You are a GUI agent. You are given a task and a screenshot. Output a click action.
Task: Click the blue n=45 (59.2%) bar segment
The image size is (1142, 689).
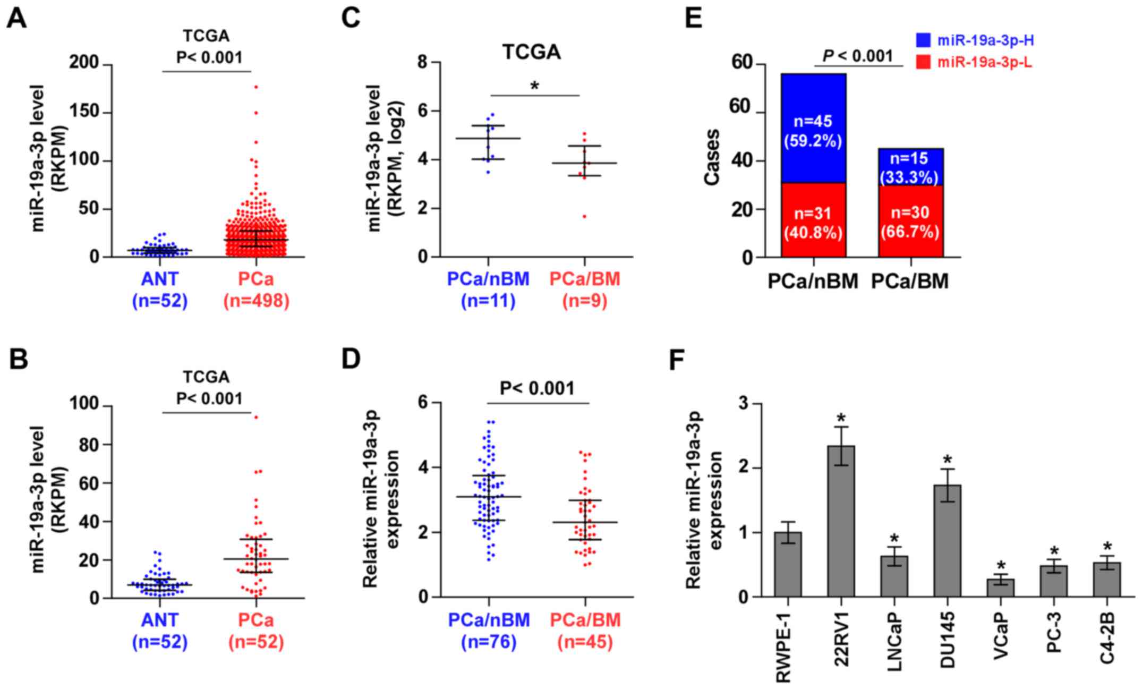coord(813,127)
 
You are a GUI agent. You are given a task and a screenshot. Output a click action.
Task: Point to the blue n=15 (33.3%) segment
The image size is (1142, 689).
coord(910,167)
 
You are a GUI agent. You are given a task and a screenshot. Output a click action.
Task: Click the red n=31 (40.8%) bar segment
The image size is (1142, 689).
coord(813,220)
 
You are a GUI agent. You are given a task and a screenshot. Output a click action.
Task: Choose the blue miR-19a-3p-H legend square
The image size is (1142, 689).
coord(924,40)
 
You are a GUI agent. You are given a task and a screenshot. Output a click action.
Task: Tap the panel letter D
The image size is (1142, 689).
coord(351,359)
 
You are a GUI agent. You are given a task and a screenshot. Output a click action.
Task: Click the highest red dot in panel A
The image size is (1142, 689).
coord(255,87)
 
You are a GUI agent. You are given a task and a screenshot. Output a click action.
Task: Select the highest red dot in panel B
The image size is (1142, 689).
coord(255,417)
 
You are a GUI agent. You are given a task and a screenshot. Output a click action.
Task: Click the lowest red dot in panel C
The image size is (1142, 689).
coord(584,216)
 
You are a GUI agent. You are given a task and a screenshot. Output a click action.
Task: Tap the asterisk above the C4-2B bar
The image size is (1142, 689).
coord(1107,547)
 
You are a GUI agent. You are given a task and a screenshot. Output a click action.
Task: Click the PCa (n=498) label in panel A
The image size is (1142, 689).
coord(256,290)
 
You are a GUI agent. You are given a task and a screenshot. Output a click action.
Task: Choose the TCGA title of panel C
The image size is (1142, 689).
coord(532,53)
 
